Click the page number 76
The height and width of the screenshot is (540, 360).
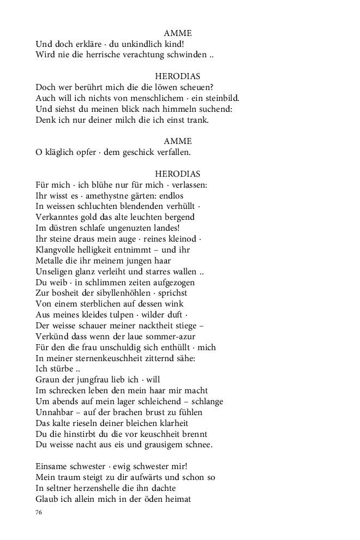pos(39,512)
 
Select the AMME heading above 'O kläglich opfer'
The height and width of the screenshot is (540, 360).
pos(178,141)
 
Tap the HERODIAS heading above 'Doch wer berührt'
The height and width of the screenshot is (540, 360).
pos(178,76)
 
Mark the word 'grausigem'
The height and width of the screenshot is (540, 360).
pos(161,445)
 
